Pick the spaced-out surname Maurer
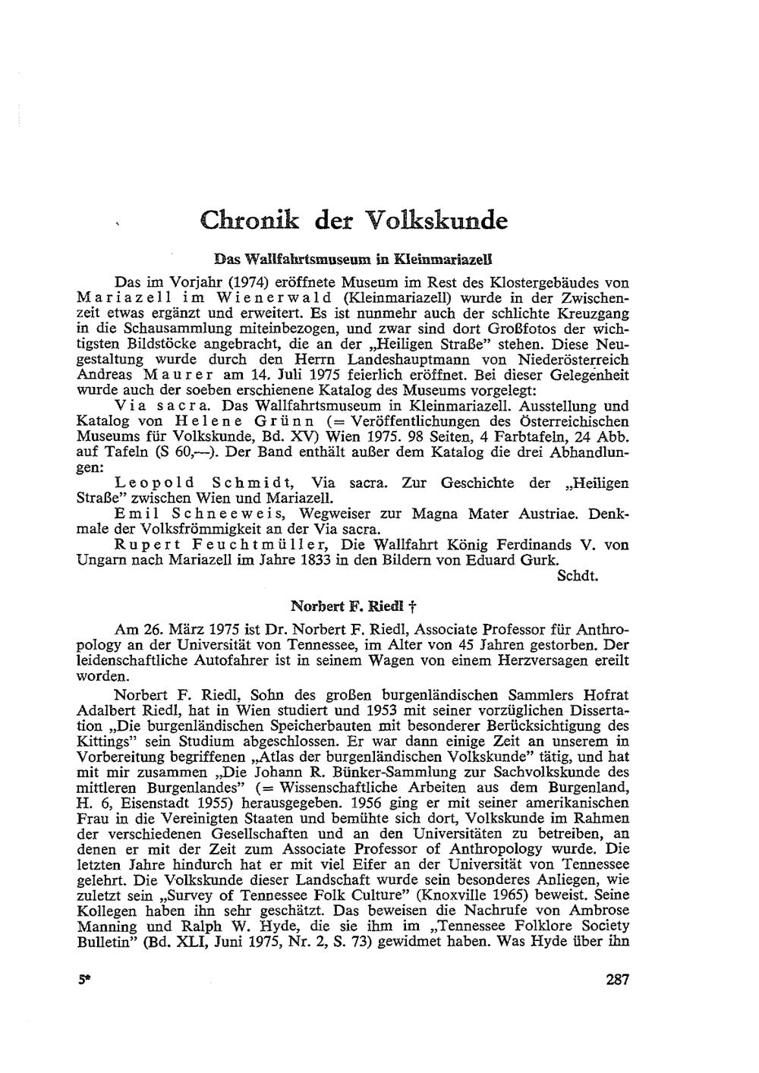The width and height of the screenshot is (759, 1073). pos(184,375)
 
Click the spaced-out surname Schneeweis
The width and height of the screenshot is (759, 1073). pos(219,514)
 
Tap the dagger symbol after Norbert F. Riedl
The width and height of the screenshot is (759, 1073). pos(410,607)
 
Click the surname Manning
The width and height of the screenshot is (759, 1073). pos(107,927)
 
